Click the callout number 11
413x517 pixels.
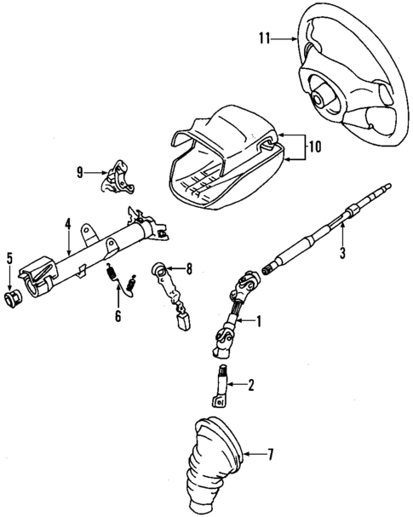[x=265, y=37]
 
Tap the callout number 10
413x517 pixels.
[x=314, y=146]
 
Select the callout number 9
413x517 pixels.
[x=79, y=172]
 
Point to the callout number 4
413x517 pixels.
[x=66, y=227]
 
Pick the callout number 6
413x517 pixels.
[x=118, y=316]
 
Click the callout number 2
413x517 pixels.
[x=250, y=385]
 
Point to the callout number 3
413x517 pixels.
[x=342, y=252]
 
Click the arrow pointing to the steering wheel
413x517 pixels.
[x=284, y=37]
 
